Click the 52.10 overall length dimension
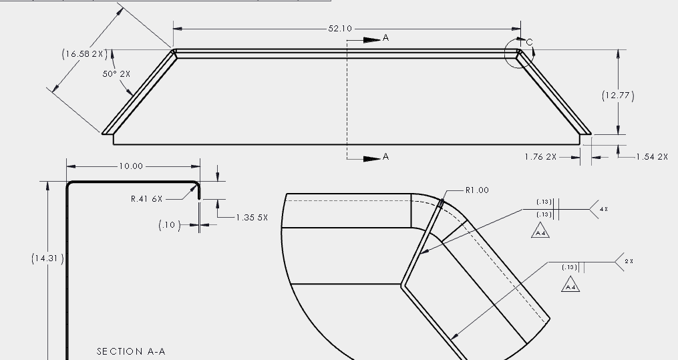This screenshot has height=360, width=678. (x=339, y=29)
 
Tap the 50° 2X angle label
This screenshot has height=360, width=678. (x=116, y=74)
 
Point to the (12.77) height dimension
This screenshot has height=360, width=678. (x=618, y=96)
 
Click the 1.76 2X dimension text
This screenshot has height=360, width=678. (x=541, y=157)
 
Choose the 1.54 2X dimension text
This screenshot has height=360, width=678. (x=652, y=157)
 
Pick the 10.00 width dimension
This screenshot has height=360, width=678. (x=131, y=166)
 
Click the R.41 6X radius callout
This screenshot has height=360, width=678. (x=147, y=198)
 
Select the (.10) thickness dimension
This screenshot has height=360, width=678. (x=169, y=225)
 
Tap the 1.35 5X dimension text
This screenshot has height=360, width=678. (x=252, y=218)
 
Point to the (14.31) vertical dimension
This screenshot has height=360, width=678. (x=47, y=258)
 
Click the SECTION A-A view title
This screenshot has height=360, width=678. (x=131, y=351)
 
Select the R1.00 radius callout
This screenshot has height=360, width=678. (x=477, y=190)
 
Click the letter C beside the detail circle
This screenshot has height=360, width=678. (x=530, y=43)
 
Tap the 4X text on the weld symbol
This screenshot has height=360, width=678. (x=604, y=209)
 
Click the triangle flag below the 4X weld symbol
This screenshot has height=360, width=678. (x=540, y=232)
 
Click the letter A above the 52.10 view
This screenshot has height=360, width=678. (x=385, y=39)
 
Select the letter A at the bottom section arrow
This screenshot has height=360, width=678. (x=385, y=157)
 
